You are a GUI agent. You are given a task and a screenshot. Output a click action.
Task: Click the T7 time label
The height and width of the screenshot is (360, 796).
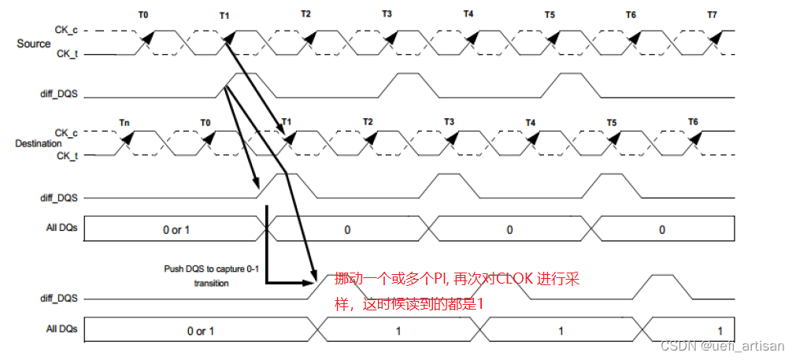point(712,14)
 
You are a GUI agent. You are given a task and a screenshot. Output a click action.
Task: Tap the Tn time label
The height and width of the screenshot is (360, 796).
point(124,122)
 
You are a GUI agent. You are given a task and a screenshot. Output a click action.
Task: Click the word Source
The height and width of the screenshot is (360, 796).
point(34,43)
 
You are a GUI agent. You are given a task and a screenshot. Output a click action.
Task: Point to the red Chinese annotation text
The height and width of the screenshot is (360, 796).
point(457,291)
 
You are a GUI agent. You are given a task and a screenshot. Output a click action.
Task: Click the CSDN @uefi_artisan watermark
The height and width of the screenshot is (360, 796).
point(722,346)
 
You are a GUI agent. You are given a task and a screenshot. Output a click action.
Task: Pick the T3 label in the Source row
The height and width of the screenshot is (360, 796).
point(387,14)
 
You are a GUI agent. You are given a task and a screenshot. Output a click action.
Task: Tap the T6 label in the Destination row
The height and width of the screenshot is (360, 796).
point(693,122)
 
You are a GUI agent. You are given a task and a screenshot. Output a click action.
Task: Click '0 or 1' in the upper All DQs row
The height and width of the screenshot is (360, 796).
point(176,229)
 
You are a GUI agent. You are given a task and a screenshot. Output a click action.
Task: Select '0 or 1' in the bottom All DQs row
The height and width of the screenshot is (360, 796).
point(201,331)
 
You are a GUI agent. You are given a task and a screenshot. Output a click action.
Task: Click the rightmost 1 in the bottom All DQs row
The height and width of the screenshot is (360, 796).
point(720,331)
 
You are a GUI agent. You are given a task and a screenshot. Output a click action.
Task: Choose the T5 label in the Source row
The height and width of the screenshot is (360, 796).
point(550,14)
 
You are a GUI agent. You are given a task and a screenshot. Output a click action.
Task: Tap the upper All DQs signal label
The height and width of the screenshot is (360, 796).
point(61,228)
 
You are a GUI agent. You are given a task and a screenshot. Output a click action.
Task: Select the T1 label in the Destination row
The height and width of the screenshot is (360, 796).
point(287,122)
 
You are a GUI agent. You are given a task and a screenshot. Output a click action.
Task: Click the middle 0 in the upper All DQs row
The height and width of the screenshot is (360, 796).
point(509,229)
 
